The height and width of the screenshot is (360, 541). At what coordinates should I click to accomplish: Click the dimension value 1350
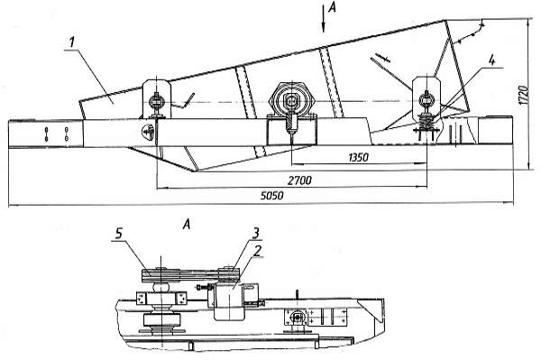point(359,157)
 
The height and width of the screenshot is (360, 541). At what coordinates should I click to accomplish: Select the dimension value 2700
point(299,180)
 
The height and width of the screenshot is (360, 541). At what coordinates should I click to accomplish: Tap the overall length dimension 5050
point(272,196)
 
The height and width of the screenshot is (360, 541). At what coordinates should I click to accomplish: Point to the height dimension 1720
point(524,94)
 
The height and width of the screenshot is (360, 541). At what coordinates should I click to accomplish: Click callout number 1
point(71,42)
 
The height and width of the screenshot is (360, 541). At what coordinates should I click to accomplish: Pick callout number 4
point(491,60)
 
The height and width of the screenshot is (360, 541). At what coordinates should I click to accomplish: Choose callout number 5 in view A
point(118,234)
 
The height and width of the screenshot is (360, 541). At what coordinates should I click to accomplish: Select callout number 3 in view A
point(256,234)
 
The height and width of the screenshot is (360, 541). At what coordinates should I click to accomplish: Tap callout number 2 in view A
point(256,251)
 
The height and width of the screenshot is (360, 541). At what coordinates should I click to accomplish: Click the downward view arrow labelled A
point(324,19)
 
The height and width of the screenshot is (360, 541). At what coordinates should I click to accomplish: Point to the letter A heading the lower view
point(187,225)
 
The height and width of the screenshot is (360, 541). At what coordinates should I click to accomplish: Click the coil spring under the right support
point(426,121)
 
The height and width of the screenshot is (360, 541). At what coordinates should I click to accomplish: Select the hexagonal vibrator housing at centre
point(292,101)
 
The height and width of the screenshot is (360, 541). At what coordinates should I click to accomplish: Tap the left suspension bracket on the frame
point(157,99)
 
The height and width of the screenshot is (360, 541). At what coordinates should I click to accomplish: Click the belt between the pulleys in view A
point(189,275)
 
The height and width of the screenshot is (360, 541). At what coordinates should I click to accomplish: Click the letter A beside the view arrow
point(332,7)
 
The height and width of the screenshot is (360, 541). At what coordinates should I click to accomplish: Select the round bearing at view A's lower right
point(297,318)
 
